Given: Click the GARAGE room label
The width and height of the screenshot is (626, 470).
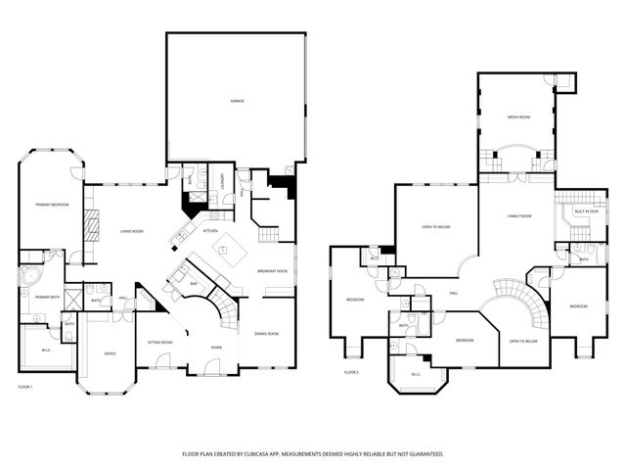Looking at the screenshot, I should pos(237,101).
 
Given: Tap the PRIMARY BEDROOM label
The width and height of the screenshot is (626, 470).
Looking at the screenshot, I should pos(50,205).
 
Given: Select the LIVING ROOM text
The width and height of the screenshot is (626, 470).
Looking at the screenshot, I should pos(132,231).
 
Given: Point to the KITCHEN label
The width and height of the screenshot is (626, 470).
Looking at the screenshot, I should pos(210,230).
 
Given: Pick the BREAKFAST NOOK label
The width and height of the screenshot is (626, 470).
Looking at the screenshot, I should pos(272,270).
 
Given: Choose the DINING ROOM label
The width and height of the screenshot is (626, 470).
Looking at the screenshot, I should pos(266,334).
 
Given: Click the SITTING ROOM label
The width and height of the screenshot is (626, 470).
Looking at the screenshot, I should pos(159,342).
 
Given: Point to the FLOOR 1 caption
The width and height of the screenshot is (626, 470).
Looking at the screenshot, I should pos(26,387).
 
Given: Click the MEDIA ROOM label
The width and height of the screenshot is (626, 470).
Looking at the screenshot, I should pos(518,117).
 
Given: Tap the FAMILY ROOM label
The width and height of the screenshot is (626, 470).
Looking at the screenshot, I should pos(519,215).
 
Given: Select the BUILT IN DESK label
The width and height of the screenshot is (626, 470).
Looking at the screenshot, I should pos(586,211).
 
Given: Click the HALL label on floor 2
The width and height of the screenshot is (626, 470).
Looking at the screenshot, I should pos(454,292).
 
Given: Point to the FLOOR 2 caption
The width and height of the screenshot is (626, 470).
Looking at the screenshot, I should pos(351,372).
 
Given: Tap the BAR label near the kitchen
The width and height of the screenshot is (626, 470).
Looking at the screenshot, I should pos(194,283).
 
